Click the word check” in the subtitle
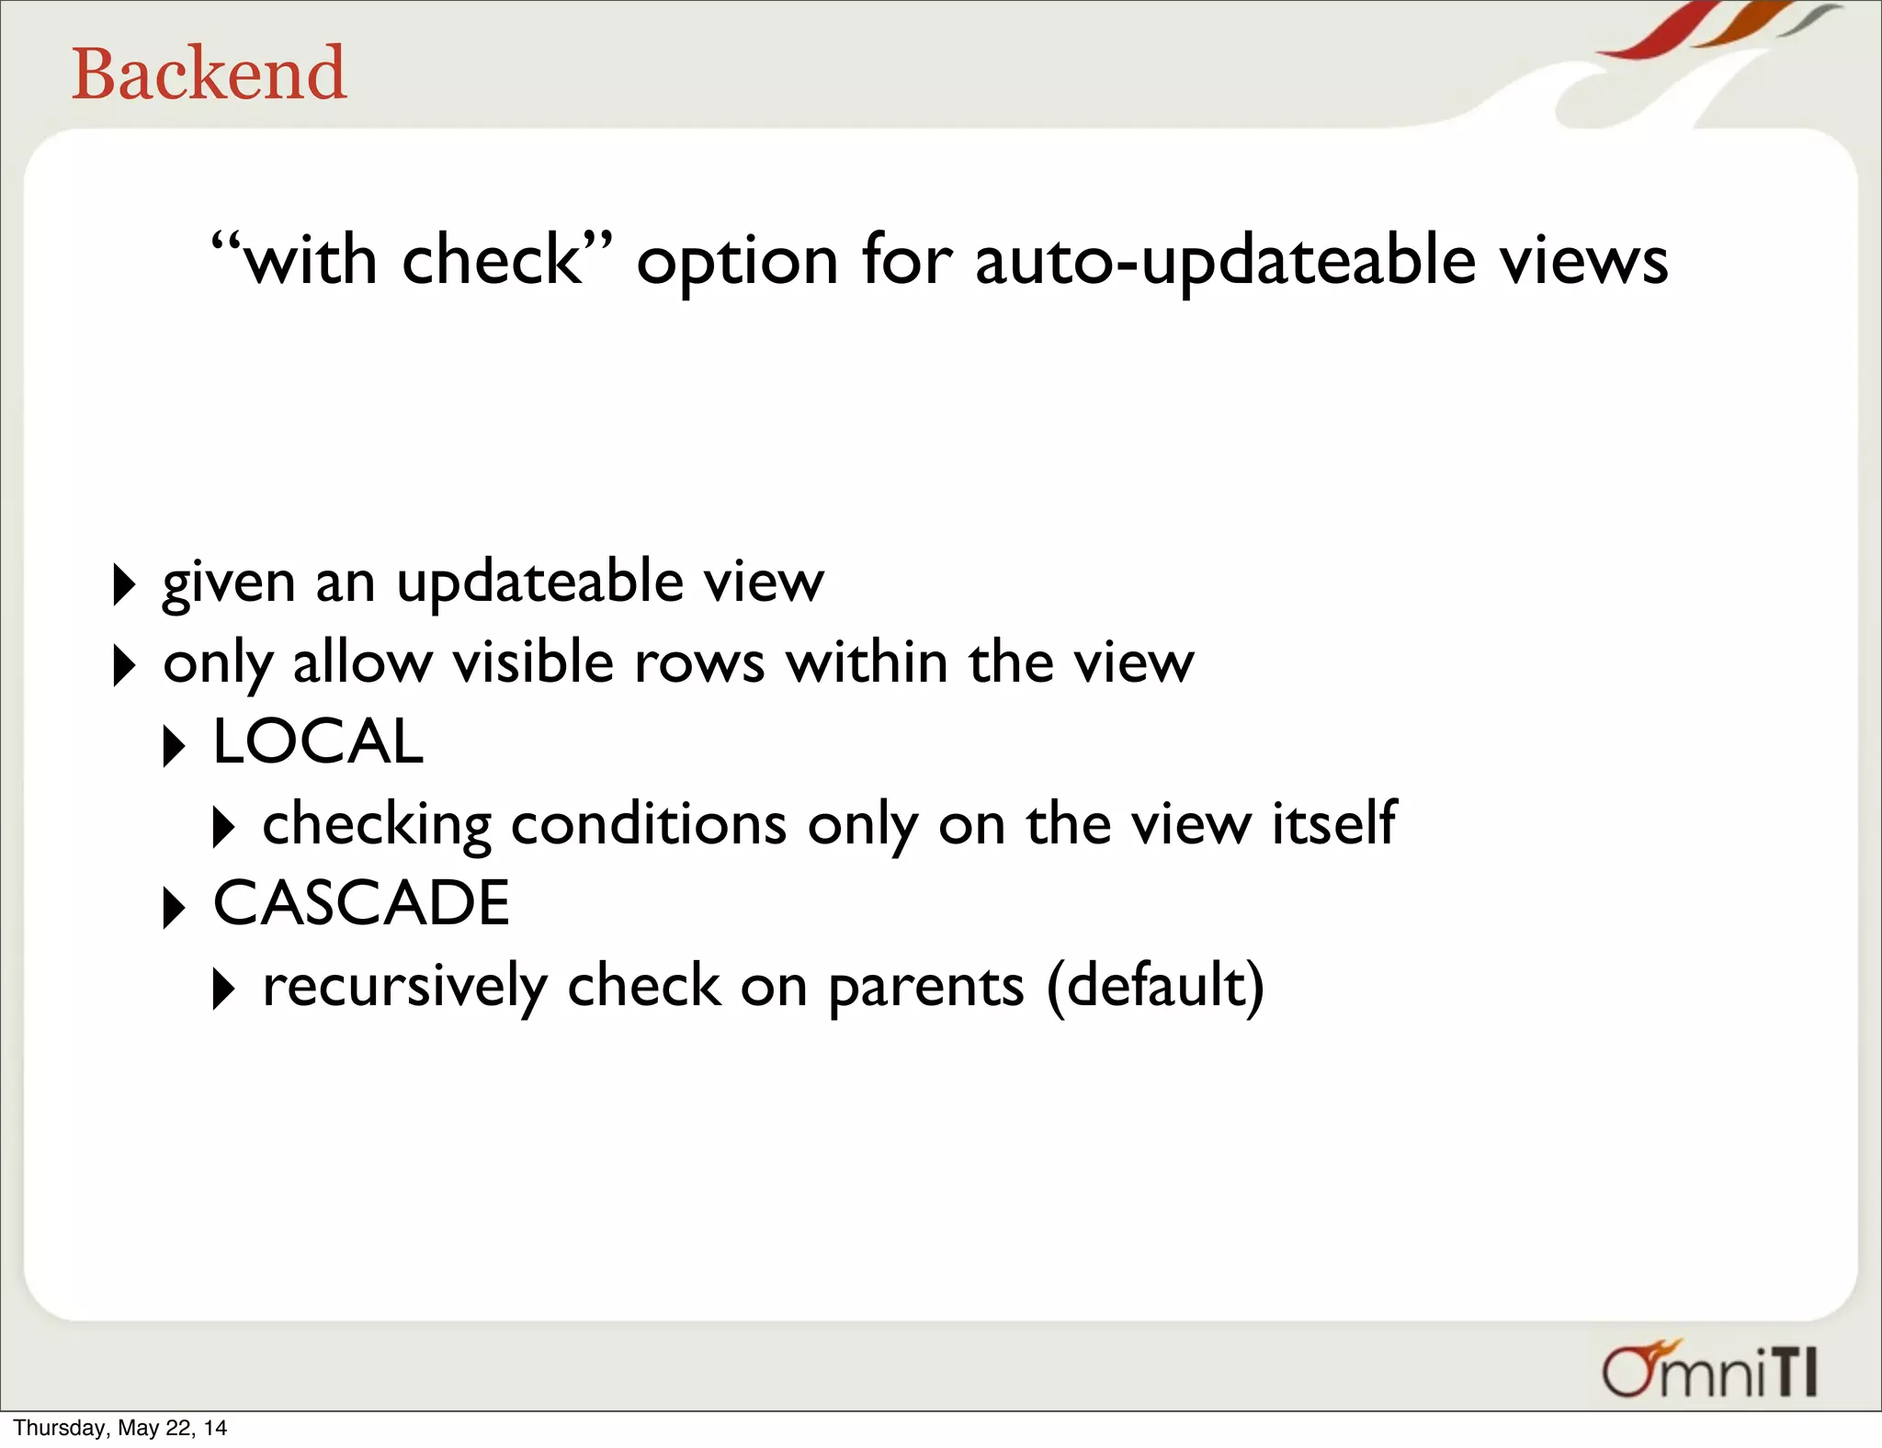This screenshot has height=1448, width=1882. click(506, 260)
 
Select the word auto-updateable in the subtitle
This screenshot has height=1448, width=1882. click(1225, 262)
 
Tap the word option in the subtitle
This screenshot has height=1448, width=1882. click(737, 264)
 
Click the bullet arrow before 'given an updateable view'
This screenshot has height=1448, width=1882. click(123, 584)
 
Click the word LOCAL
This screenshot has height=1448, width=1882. click(318, 741)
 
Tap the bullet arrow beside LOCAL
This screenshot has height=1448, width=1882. click(173, 746)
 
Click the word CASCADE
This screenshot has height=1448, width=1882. click(361, 903)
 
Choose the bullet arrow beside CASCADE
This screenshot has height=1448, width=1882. click(173, 908)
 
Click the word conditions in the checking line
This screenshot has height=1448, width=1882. click(648, 823)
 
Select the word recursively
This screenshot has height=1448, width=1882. click(404, 986)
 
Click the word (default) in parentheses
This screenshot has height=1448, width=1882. click(1155, 986)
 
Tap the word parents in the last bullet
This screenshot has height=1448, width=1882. click(925, 988)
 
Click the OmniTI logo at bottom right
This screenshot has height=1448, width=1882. click(1710, 1370)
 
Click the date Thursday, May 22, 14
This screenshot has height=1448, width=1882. click(119, 1428)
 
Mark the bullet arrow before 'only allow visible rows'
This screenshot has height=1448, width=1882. click(123, 665)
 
